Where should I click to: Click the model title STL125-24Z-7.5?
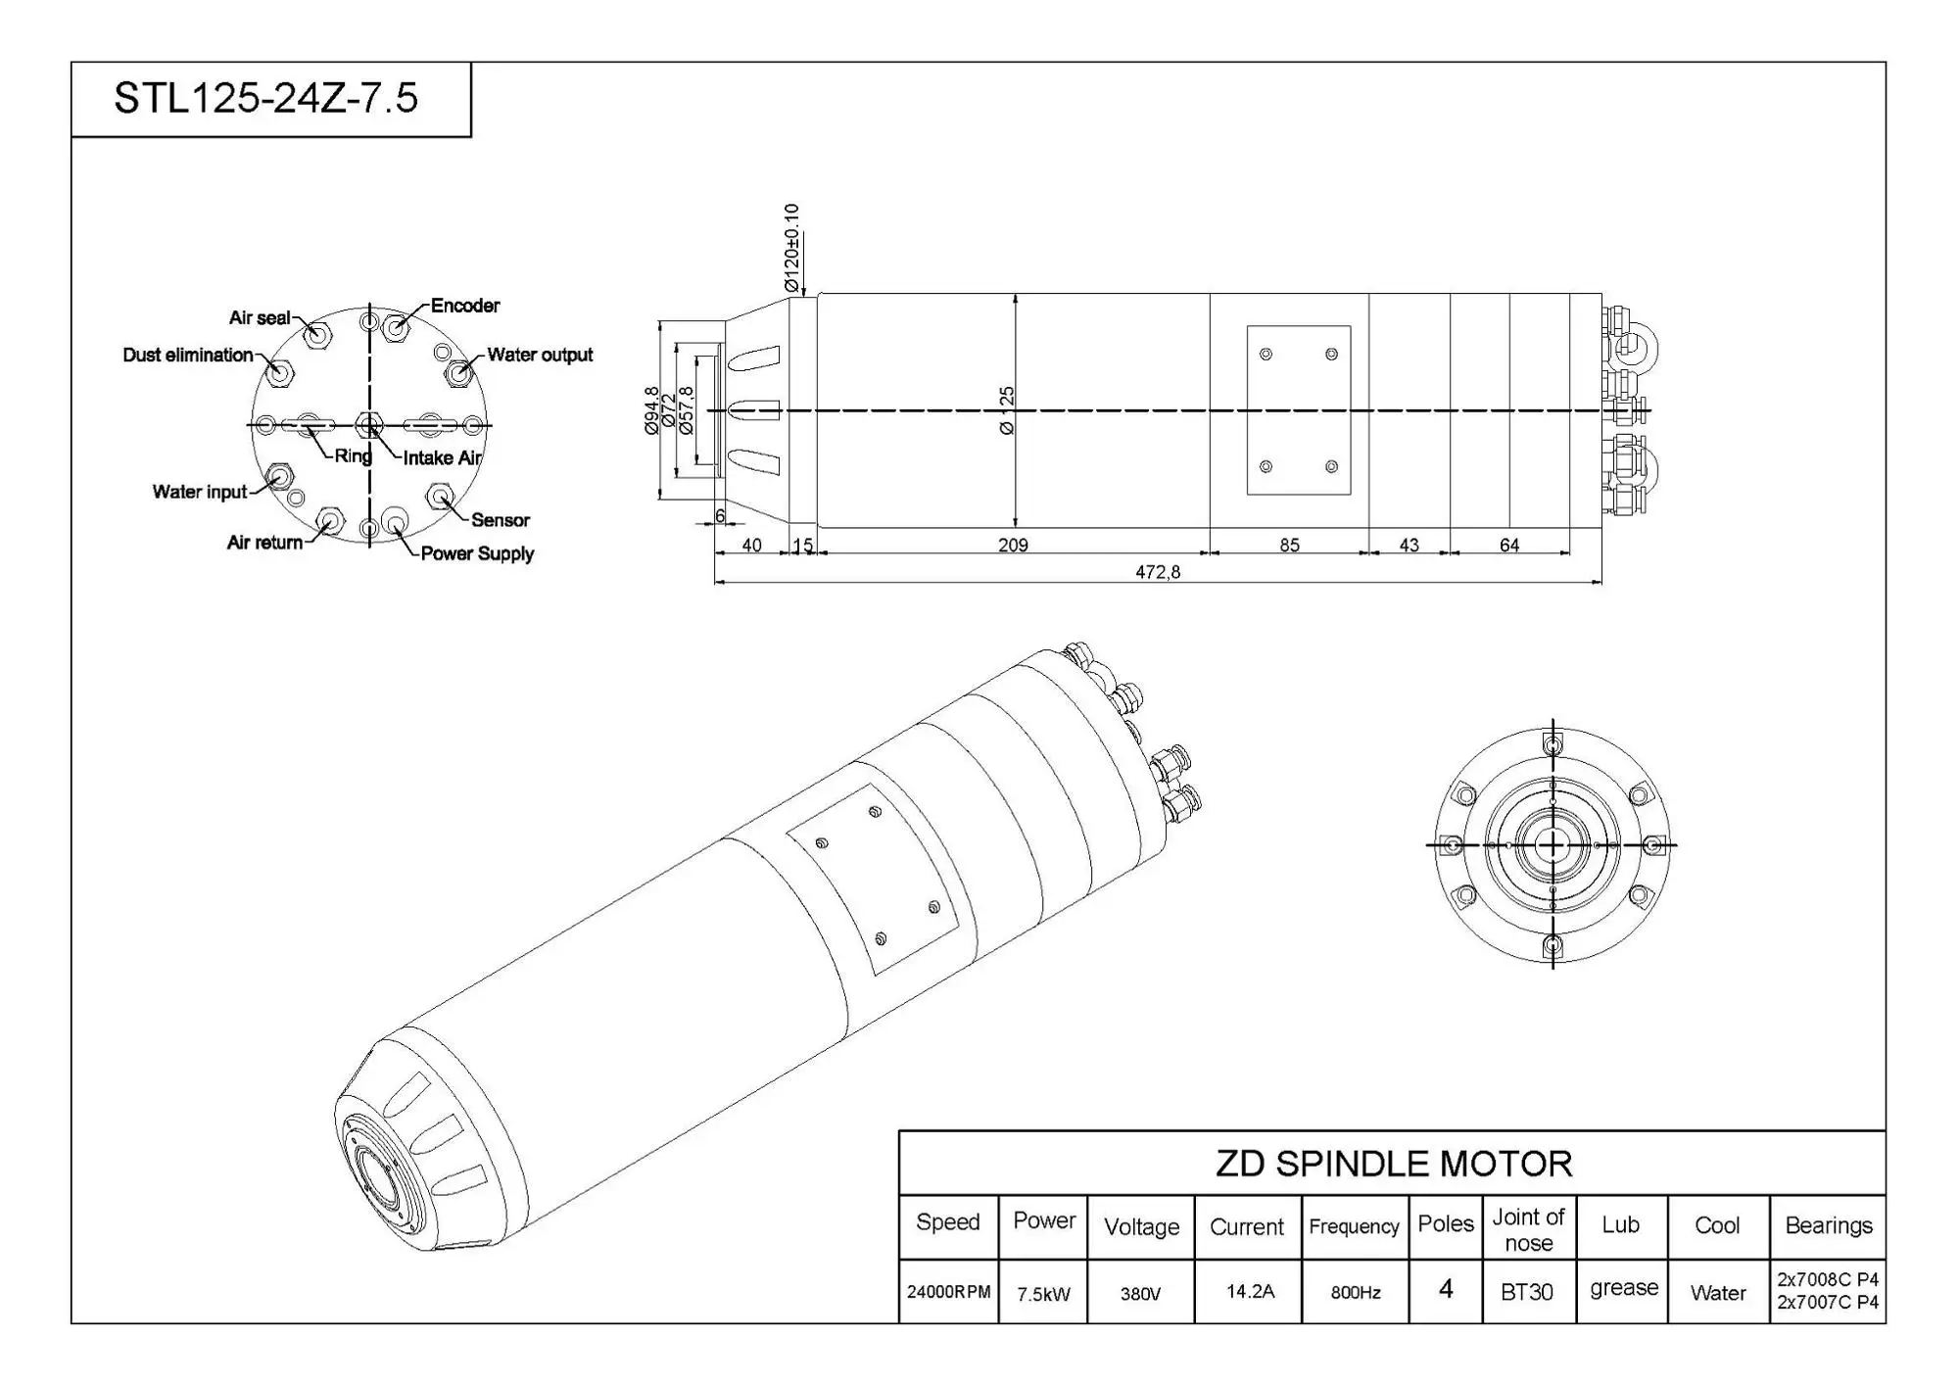[x=265, y=98]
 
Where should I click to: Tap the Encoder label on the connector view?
[x=464, y=306]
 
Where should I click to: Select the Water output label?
[x=540, y=355]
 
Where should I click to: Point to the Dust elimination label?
[x=187, y=355]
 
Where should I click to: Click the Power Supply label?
[x=477, y=553]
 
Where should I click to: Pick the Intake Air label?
[x=442, y=457]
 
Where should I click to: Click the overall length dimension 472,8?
[x=1158, y=572]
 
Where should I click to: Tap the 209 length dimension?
[x=1013, y=545]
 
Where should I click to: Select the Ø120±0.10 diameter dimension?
[x=792, y=247]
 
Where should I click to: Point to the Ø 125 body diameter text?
[x=1007, y=410]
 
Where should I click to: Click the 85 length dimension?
[x=1289, y=545]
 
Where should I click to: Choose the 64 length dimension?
[x=1509, y=545]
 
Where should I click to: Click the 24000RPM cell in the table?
[x=948, y=1292]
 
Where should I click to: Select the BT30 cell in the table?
[x=1527, y=1292]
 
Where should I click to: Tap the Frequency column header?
[x=1354, y=1226]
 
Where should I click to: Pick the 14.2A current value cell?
[x=1250, y=1292]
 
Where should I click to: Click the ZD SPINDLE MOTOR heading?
[x=1393, y=1164]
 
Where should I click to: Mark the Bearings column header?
[x=1828, y=1225]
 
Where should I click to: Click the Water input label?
[x=200, y=492]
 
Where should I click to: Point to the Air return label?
[x=264, y=543]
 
